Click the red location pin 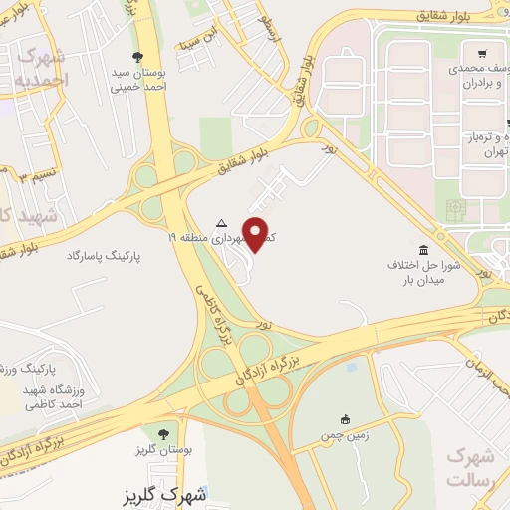(257, 233)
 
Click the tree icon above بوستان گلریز (162, 433)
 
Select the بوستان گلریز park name (162, 451)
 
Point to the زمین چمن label (345, 435)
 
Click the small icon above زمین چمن (345, 418)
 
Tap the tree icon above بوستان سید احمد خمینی (137, 56)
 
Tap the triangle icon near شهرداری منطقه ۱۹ (221, 222)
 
